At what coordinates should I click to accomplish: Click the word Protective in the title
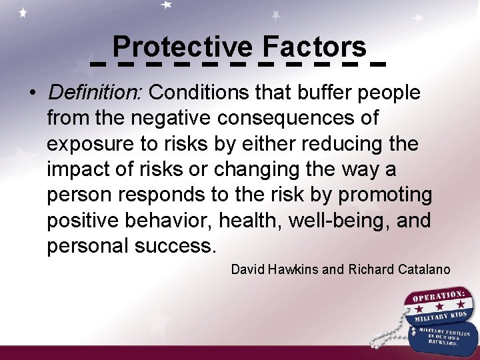pyautogui.click(x=183, y=47)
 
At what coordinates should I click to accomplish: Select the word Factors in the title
pyautogui.click(x=314, y=47)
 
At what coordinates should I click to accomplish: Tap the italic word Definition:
pyautogui.click(x=95, y=93)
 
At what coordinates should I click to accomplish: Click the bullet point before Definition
pyautogui.click(x=33, y=93)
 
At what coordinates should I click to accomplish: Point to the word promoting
pyautogui.click(x=385, y=195)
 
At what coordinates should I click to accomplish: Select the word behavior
pyautogui.click(x=183, y=220)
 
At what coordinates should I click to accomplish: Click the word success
pyautogui.click(x=175, y=245)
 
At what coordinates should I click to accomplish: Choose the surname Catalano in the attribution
pyautogui.click(x=424, y=269)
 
